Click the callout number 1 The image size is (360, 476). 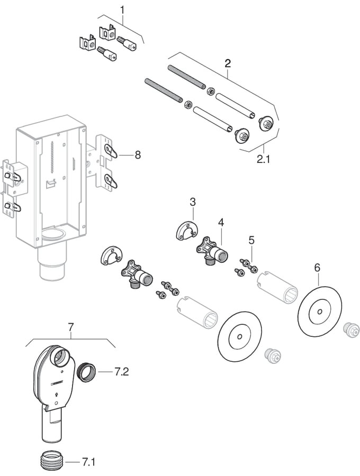[122, 10]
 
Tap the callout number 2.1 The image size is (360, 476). [263, 159]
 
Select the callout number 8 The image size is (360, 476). [138, 155]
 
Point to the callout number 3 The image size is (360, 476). [193, 202]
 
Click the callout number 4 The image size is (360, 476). [221, 222]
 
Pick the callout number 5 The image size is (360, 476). [251, 241]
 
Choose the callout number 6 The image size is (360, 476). [317, 268]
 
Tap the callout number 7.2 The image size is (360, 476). [122, 372]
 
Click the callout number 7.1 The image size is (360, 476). [89, 462]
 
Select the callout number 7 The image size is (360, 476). [71, 327]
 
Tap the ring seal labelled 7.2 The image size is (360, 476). [87, 371]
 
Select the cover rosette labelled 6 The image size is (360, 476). [319, 312]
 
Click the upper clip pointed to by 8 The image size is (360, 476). [111, 150]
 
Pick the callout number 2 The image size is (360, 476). [228, 63]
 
